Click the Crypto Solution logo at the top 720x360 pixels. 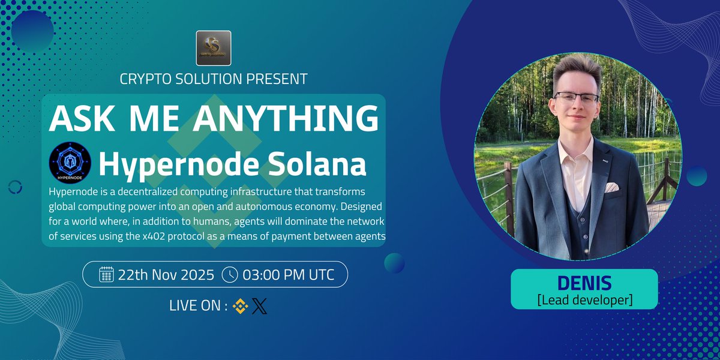click(x=214, y=47)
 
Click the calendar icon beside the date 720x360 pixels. click(x=106, y=275)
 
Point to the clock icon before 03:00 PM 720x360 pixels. click(x=230, y=275)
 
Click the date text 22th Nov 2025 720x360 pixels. click(x=166, y=275)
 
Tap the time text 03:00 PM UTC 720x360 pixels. click(x=288, y=275)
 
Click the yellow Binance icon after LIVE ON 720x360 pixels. click(x=241, y=306)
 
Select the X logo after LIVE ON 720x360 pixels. click(x=259, y=306)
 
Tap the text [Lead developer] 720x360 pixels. click(x=584, y=299)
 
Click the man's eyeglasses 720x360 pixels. click(x=576, y=98)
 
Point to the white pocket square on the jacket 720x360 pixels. click(x=611, y=187)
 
